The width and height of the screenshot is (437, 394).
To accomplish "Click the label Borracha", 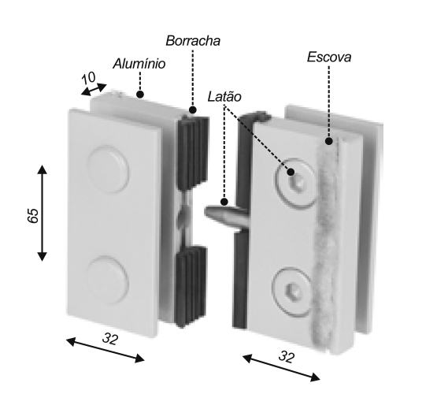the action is (193, 41).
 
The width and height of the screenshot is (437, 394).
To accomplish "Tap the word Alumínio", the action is (139, 64).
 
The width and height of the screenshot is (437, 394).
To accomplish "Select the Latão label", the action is (224, 97).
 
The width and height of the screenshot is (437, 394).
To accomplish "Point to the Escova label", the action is (329, 58).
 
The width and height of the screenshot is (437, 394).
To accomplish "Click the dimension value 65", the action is (33, 216).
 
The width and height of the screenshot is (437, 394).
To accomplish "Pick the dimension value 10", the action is (89, 78).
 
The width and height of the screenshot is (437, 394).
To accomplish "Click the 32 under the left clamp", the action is (110, 339).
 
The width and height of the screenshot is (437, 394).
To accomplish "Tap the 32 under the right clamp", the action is (287, 357).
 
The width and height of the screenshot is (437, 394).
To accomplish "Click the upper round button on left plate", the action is (108, 169).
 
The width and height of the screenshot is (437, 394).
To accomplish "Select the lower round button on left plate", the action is (107, 280).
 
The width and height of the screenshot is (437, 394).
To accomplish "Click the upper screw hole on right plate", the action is (298, 184).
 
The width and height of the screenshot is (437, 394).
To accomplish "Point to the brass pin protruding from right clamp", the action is (227, 215).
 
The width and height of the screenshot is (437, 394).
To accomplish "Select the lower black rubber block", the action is (191, 285).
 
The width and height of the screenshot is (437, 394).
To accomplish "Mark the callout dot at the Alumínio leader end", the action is (140, 95).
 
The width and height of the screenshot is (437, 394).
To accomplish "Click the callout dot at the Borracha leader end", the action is (193, 110).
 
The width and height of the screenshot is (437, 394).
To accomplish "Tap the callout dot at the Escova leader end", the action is (329, 141).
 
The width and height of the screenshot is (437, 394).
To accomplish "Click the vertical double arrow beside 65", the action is (42, 213).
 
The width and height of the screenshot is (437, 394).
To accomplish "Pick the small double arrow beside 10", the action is (94, 90).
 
